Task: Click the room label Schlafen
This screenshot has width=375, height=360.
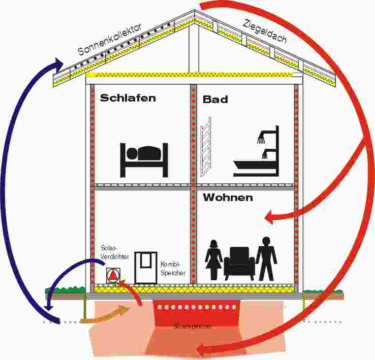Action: click(128, 98)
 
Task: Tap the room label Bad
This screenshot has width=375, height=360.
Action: click(215, 100)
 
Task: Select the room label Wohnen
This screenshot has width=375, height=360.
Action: click(228, 198)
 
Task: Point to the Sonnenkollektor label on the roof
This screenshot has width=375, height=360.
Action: click(109, 39)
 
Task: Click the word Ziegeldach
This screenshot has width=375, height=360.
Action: click(265, 31)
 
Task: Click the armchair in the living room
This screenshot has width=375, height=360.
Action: click(239, 263)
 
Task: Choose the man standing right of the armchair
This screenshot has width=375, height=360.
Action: click(266, 258)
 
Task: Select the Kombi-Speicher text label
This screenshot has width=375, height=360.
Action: click(173, 269)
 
